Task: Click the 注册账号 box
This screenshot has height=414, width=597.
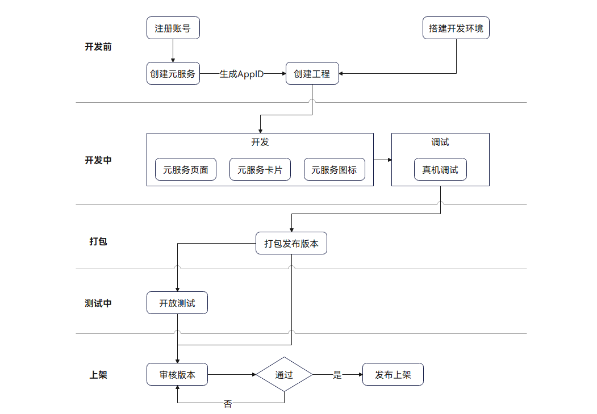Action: (173, 28)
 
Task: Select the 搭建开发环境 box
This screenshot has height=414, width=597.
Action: (456, 28)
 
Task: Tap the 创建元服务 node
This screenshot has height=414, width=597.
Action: (173, 74)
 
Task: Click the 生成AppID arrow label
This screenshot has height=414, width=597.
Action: (241, 74)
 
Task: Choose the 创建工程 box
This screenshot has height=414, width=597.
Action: (312, 74)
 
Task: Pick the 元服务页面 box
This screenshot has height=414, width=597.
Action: (186, 170)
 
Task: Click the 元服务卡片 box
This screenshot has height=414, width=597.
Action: (260, 170)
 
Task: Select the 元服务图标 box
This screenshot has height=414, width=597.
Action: (334, 170)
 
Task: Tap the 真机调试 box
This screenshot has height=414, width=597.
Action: (440, 170)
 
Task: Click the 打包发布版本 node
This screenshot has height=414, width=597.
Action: (291, 244)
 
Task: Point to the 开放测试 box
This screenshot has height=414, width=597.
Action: (177, 303)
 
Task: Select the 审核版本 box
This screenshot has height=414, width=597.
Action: (177, 375)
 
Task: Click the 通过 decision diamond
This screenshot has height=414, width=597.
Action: (284, 375)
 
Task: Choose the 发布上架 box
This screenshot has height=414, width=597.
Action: (393, 375)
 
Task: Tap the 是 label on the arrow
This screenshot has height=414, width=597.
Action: (337, 375)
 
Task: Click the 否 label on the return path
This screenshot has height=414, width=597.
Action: (227, 404)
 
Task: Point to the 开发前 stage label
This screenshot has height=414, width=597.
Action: (98, 47)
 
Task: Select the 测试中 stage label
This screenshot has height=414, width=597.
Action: (98, 303)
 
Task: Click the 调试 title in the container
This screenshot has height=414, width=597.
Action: (440, 142)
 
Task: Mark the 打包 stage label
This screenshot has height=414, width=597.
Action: (98, 241)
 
